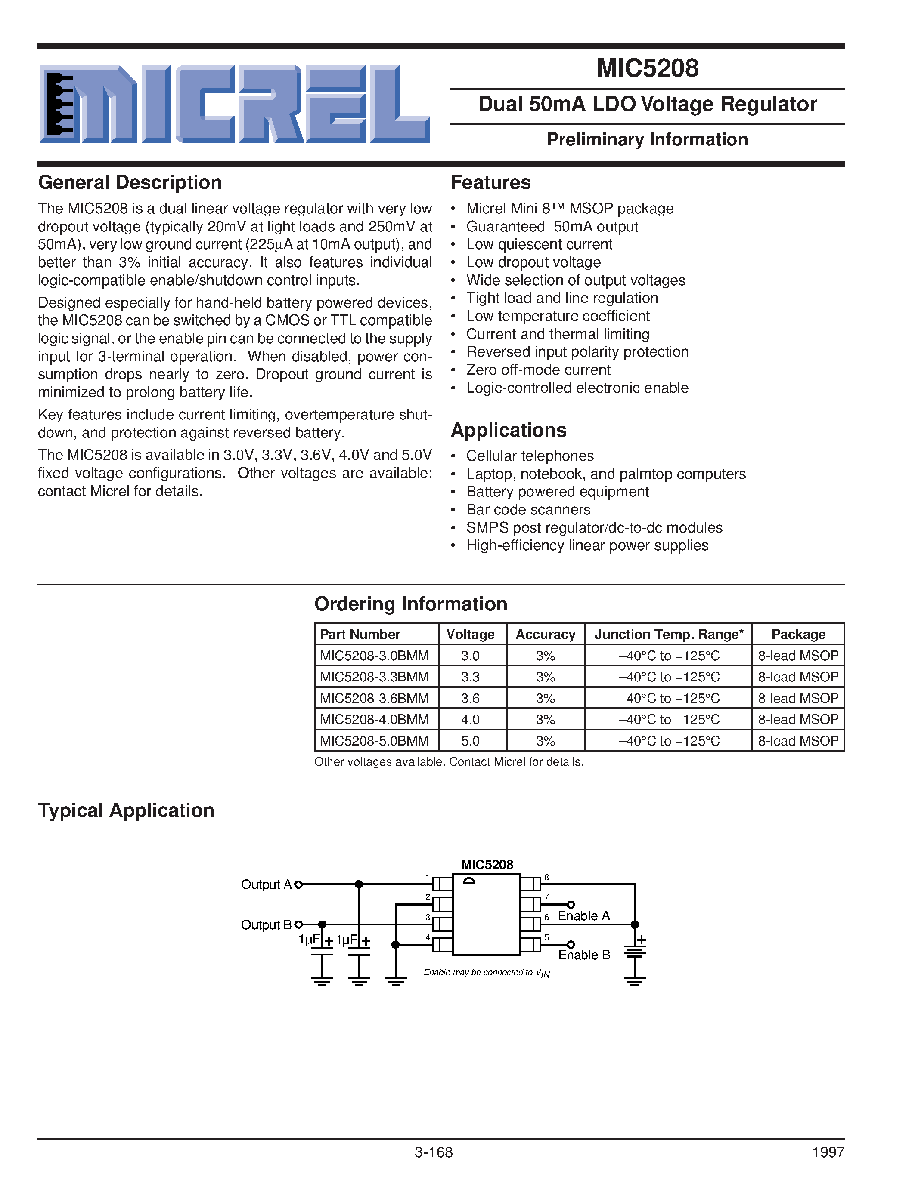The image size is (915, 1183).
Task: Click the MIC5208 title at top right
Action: tap(647, 68)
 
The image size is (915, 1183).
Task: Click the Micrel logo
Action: tap(234, 104)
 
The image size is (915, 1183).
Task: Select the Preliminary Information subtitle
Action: tap(647, 140)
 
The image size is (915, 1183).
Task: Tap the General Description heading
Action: tap(130, 182)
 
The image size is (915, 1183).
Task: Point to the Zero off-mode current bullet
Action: tap(538, 370)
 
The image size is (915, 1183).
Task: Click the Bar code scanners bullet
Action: tap(528, 510)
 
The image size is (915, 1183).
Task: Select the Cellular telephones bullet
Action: tap(530, 456)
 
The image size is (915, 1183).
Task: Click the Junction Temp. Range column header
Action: tap(668, 634)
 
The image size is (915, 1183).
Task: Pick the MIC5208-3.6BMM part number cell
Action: tap(374, 698)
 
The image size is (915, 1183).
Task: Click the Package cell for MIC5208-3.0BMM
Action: tap(798, 656)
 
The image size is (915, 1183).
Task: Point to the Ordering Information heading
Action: tap(411, 604)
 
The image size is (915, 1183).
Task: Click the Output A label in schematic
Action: tap(266, 884)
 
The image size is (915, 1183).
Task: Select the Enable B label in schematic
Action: tap(584, 955)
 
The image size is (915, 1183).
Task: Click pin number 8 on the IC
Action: tap(546, 878)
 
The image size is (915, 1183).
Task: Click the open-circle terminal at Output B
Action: tap(298, 924)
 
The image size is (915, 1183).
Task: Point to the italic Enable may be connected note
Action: tap(486, 973)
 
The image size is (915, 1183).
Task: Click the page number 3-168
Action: tap(433, 1152)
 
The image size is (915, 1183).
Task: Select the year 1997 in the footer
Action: tap(828, 1152)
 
